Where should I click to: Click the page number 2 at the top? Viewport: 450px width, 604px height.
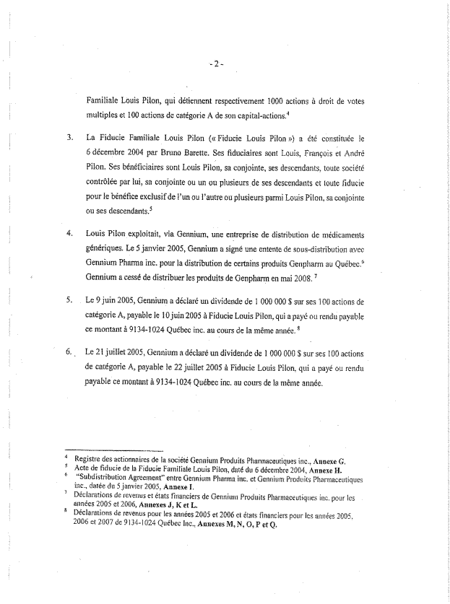tap(217, 64)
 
